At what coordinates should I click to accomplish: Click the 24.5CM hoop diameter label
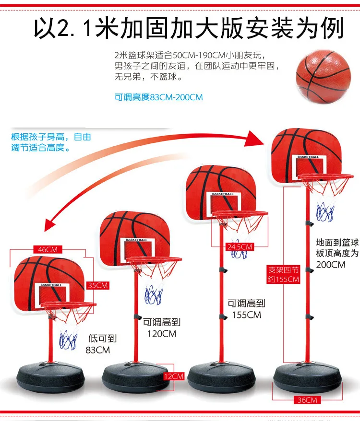pyautogui.click(x=239, y=247)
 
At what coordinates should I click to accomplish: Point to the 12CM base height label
pyautogui.click(x=174, y=376)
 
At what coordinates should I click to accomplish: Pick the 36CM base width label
pyautogui.click(x=307, y=400)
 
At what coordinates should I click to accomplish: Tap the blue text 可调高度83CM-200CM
pyautogui.click(x=158, y=97)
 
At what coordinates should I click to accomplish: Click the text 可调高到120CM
pyautogui.click(x=161, y=328)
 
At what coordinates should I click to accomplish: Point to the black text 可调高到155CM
pyautogui.click(x=246, y=309)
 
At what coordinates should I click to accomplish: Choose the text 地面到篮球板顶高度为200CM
pyautogui.click(x=336, y=253)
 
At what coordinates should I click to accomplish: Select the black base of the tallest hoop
pyautogui.click(x=308, y=376)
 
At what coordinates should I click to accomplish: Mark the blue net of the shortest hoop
pyautogui.click(x=68, y=339)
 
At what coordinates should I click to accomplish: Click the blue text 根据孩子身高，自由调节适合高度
pyautogui.click(x=50, y=142)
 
